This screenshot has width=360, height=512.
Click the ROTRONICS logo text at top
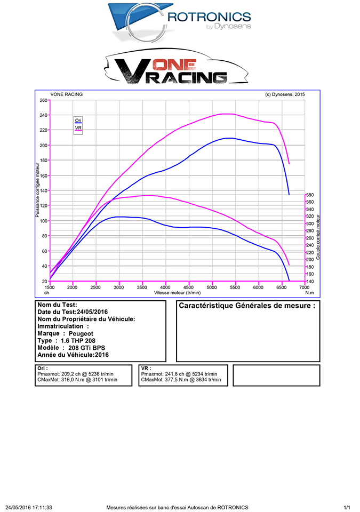coord(208,17)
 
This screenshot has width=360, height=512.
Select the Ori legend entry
coord(78,121)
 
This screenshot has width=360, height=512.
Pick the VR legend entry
coord(78,128)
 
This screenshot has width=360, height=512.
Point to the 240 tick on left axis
coord(43,115)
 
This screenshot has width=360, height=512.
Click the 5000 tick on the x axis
coord(212,287)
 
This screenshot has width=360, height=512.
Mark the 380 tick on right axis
coord(310,195)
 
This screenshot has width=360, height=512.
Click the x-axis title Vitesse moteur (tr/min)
coord(177,293)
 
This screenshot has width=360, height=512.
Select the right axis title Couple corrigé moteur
coord(318,237)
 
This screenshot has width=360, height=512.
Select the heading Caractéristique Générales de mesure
coord(247,306)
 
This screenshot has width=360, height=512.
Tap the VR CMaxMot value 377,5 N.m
coord(177,380)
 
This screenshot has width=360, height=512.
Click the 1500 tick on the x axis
coord(50,287)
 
